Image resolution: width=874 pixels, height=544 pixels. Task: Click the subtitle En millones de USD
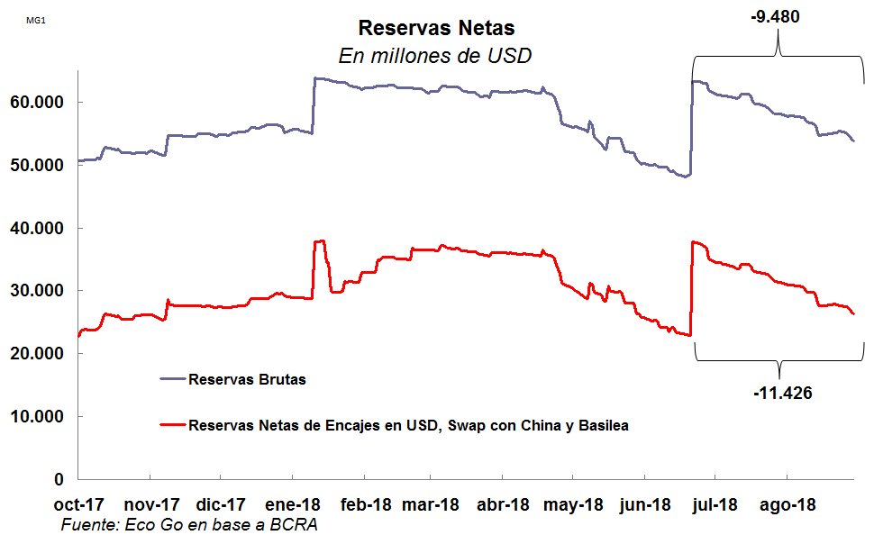click(x=435, y=56)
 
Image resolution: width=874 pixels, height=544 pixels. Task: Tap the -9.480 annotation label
click(x=775, y=16)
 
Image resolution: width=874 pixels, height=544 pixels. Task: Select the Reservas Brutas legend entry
click(x=247, y=379)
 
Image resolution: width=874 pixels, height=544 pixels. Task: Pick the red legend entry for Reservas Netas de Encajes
click(x=408, y=425)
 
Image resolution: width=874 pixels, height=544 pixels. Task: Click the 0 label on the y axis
click(x=59, y=479)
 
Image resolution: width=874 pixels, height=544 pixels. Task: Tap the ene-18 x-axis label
click(x=292, y=505)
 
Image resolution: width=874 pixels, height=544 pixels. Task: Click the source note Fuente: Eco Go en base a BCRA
click(x=189, y=525)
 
